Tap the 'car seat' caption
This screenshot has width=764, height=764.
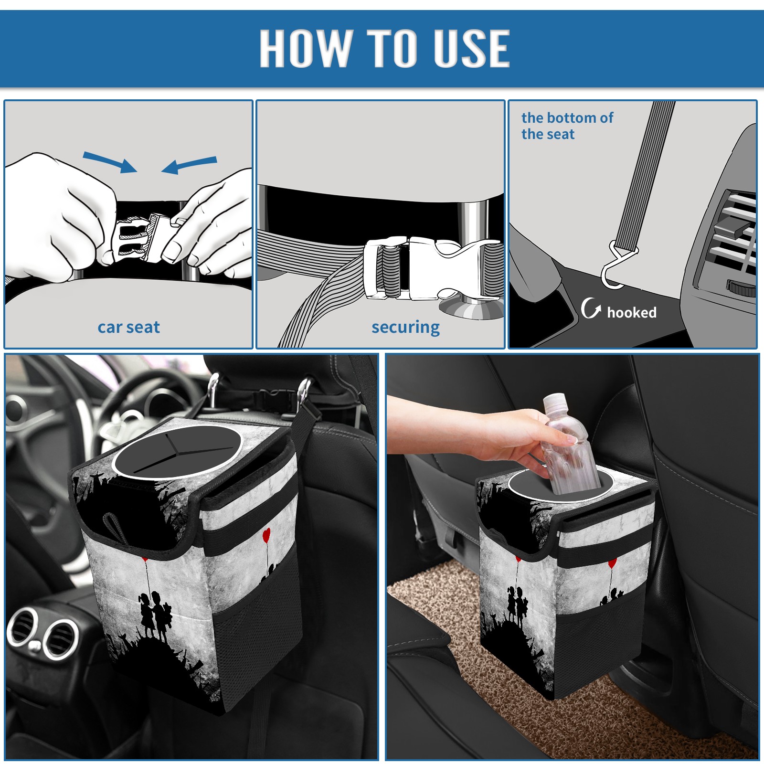pyautogui.click(x=128, y=327)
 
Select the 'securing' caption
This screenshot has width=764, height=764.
pyautogui.click(x=405, y=328)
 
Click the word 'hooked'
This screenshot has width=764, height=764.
pyautogui.click(x=632, y=313)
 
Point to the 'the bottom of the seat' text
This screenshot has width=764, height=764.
pyautogui.click(x=567, y=126)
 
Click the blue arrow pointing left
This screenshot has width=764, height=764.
pyautogui.click(x=189, y=165)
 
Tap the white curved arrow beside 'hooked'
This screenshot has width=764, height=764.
pyautogui.click(x=591, y=308)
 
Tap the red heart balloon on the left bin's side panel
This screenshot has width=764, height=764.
pyautogui.click(x=266, y=534)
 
